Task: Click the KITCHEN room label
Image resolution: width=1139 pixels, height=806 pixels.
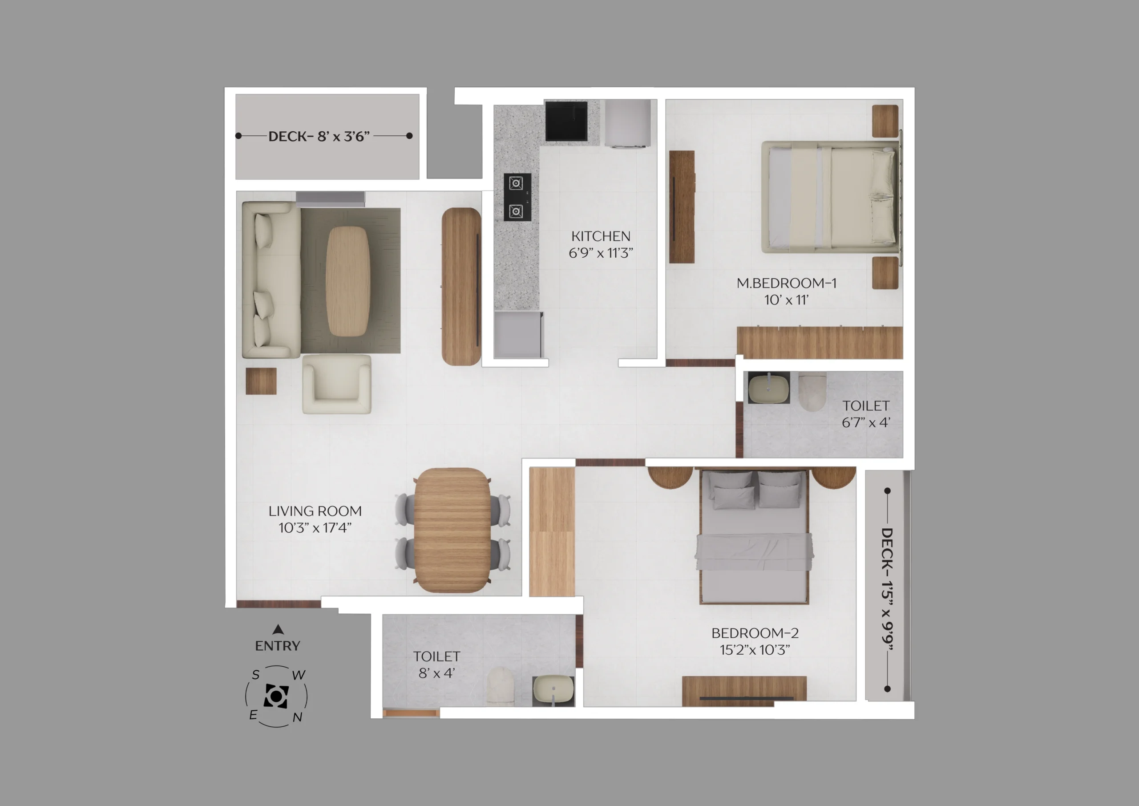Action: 601,236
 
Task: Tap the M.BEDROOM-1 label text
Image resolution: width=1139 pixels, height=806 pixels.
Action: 786,284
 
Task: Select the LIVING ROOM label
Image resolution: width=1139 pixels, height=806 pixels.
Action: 315,511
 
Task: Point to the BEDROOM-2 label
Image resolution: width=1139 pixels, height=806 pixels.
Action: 755,633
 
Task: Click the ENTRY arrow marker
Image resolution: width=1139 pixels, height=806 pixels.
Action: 278,629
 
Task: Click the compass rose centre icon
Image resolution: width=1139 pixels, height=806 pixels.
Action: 276,697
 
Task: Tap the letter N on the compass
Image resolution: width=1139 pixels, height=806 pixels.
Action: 297,717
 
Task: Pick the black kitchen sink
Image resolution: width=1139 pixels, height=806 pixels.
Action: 566,121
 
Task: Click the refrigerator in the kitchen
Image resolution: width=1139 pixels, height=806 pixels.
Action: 627,124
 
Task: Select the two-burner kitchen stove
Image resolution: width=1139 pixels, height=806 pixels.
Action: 517,197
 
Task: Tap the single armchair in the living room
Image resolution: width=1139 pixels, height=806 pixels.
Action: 337,384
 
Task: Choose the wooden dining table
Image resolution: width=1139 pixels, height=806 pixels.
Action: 452,530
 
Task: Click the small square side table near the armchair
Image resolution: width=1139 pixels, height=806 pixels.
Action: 261,381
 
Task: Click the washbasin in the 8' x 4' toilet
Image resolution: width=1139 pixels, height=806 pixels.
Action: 553,689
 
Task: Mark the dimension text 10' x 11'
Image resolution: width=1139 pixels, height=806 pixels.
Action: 786,300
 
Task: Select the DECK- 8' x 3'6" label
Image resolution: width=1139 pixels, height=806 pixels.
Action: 319,136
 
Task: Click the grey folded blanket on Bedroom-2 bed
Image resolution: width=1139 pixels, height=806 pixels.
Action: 754,552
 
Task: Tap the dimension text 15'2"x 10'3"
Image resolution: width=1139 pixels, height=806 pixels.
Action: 755,650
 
